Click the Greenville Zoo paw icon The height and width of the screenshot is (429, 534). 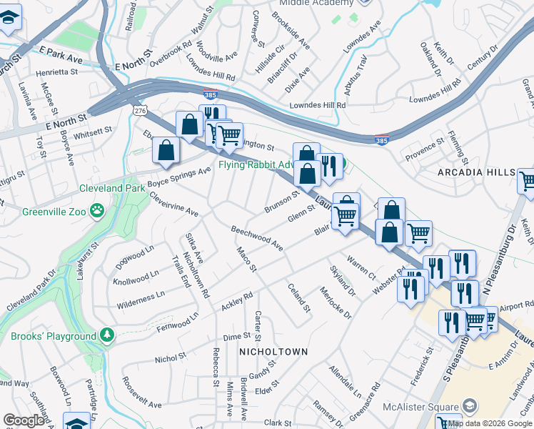[x=96, y=211]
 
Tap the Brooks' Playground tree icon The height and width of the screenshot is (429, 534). [x=106, y=335]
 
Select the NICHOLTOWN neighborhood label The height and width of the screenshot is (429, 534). [x=273, y=352]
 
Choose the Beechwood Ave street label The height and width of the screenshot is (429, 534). [x=257, y=238]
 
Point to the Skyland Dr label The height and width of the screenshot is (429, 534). [x=343, y=281]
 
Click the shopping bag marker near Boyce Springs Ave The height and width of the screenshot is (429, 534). [x=166, y=149]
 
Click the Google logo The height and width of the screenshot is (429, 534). [x=24, y=420]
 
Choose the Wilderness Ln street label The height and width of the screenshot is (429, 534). [x=141, y=300]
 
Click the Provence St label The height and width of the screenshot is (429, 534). [x=425, y=150]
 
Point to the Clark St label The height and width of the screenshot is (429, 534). [x=276, y=423]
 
